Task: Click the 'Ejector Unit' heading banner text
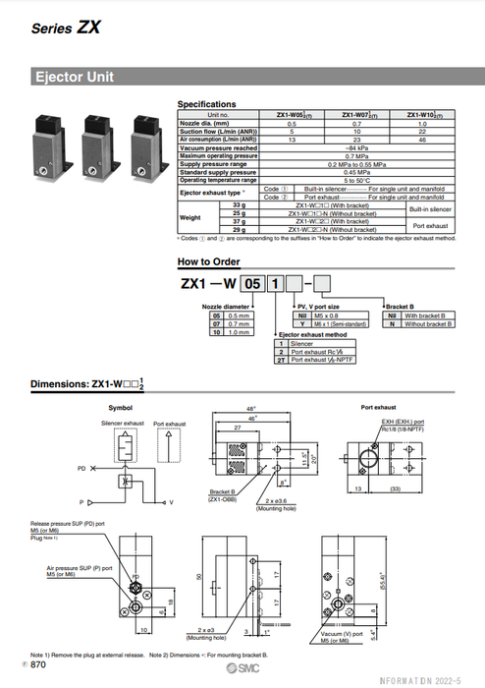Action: click(75, 76)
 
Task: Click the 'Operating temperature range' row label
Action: click(218, 180)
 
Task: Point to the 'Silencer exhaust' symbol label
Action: click(122, 423)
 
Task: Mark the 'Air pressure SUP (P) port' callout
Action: click(74, 568)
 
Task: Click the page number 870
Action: click(38, 666)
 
